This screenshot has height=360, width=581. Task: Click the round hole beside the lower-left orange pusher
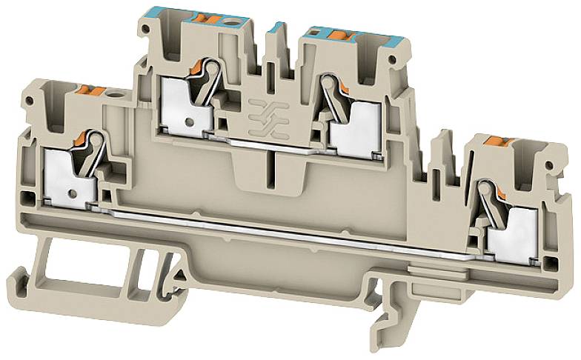114,94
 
